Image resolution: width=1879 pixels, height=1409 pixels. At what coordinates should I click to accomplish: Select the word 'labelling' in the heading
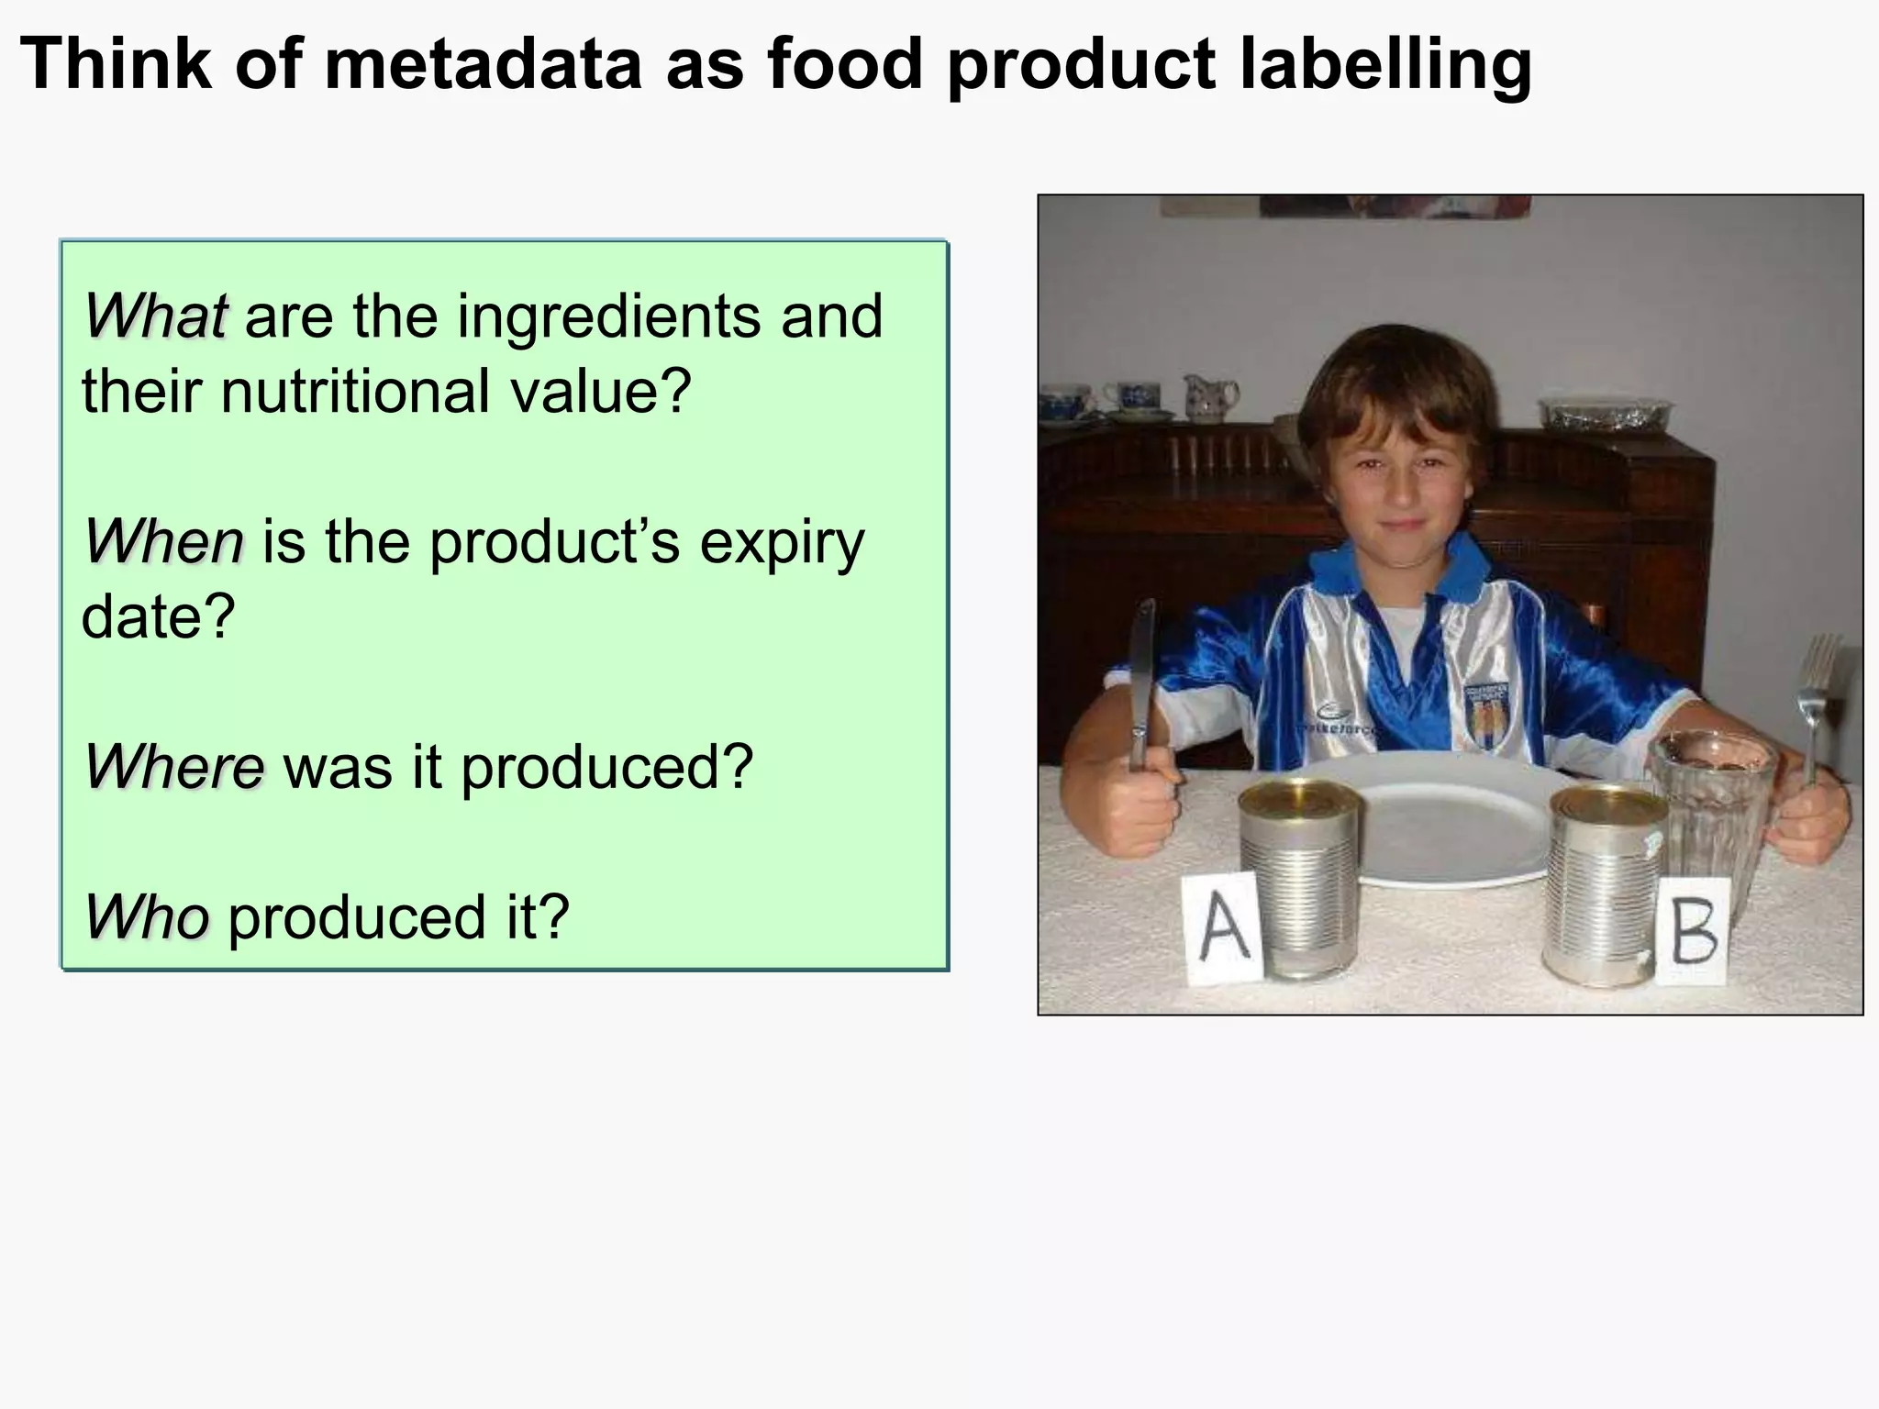coord(1385,66)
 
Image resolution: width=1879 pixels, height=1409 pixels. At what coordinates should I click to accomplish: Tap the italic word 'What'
coord(155,316)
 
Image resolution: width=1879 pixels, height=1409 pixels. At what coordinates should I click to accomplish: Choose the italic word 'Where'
coord(174,767)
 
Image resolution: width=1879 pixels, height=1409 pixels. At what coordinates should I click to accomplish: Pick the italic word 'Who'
coord(147,916)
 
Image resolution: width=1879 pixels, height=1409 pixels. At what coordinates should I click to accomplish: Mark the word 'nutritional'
coord(355,392)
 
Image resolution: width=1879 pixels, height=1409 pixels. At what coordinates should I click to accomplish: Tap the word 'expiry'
coord(782,544)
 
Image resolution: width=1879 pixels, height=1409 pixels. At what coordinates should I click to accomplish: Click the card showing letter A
coord(1222,928)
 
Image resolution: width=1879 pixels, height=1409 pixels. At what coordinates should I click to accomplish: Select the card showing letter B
coord(1694,931)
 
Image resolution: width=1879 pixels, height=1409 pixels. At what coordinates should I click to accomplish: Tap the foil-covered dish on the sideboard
coord(1605,414)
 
